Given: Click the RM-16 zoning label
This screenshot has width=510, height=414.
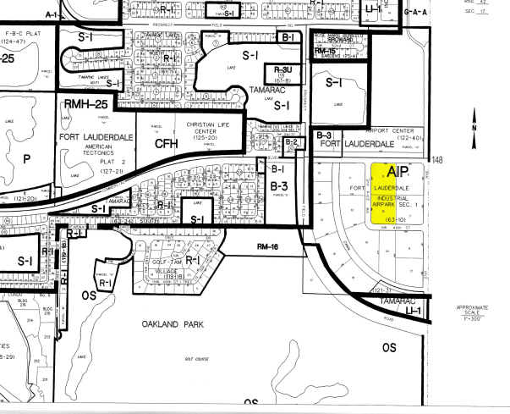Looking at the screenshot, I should coord(267,246).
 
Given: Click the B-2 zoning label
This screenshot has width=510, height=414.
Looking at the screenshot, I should coord(289,143).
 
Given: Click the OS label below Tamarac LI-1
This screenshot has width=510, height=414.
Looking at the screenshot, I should coord(388,347).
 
